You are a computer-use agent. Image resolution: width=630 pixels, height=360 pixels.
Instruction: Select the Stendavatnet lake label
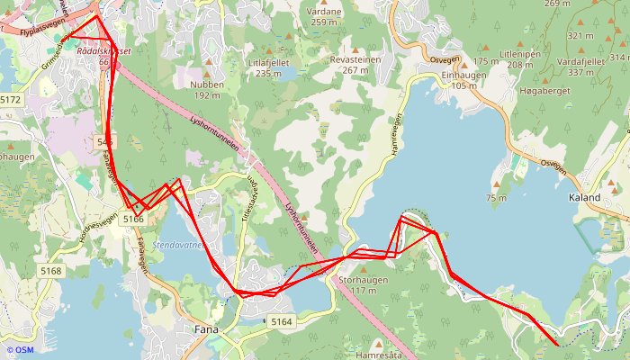[x=180, y=244]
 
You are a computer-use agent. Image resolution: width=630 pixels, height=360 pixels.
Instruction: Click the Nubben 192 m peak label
[x=206, y=89]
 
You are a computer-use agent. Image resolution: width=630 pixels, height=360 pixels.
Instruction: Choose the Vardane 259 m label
[x=325, y=16]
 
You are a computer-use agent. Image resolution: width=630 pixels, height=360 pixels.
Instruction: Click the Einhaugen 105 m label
[x=464, y=80]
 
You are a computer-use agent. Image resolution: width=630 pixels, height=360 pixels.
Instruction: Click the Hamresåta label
[x=377, y=355]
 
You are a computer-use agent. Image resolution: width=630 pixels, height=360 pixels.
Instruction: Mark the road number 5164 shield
[x=282, y=321]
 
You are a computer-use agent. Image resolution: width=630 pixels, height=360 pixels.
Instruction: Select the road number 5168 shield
[x=49, y=271]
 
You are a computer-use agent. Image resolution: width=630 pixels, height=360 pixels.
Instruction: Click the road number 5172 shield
[x=10, y=99]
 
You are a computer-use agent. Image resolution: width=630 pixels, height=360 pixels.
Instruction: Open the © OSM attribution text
[x=20, y=350]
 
